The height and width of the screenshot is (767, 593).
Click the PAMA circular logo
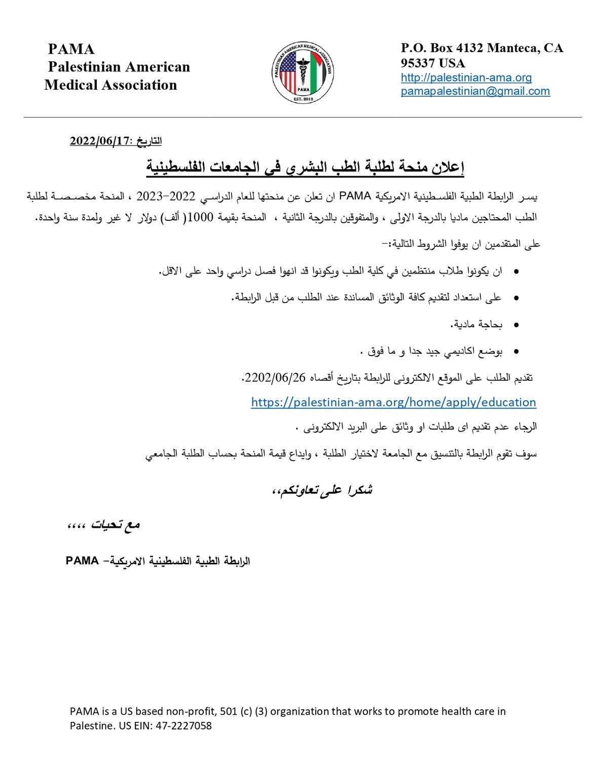pyautogui.click(x=303, y=72)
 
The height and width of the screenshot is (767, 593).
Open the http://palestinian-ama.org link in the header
pyautogui.click(x=466, y=78)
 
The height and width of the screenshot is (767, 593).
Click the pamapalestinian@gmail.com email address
pyautogui.click(x=475, y=91)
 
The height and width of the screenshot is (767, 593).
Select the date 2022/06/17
pyautogui.click(x=99, y=141)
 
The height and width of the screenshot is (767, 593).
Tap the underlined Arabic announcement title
pyautogui.click(x=305, y=167)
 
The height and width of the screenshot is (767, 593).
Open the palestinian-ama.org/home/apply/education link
pyautogui.click(x=393, y=402)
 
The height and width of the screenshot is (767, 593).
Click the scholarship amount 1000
pyautogui.click(x=200, y=218)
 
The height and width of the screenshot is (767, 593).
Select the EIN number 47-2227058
pyautogui.click(x=183, y=725)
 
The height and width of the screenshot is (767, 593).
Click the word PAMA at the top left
pyautogui.click(x=71, y=49)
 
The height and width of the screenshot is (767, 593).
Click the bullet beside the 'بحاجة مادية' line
pyautogui.click(x=516, y=325)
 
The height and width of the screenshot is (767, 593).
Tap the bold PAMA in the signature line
pyautogui.click(x=82, y=561)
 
